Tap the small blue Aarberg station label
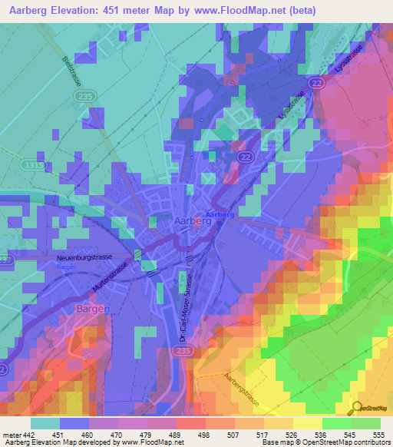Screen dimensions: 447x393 pyautogui.click(x=220, y=214)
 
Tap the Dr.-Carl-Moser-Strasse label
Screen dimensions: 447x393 pyautogui.click(x=184, y=306)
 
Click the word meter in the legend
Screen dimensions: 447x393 pyautogui.click(x=12, y=434)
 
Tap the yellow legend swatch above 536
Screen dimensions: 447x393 pyautogui.click(x=307, y=423)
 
